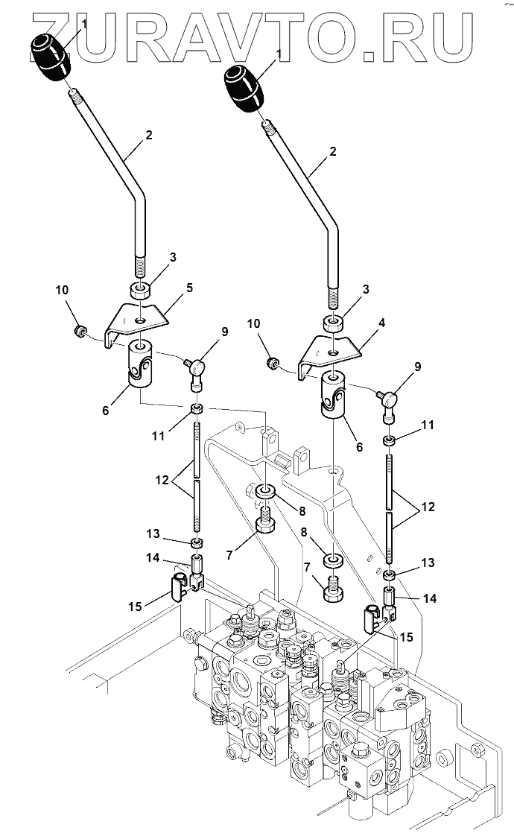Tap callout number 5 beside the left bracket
click(x=188, y=288)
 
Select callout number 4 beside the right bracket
click(x=381, y=323)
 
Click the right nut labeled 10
click(x=272, y=364)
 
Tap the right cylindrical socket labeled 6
click(x=333, y=396)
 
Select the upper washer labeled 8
click(x=266, y=490)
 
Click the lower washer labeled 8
click(x=333, y=561)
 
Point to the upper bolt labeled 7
click(x=266, y=521)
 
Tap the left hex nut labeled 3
click(x=141, y=291)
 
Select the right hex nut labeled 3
click(x=333, y=323)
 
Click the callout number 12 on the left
click(x=162, y=479)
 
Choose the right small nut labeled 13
click(x=390, y=576)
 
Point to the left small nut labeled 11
click(x=197, y=410)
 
